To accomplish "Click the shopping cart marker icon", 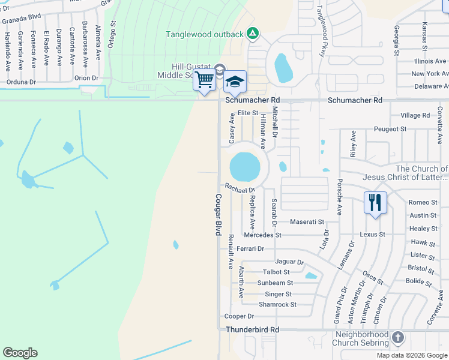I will pos(205,80).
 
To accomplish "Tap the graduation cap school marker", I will pos(235,82).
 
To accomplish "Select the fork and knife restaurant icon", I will pos(375,202).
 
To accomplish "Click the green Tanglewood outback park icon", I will pos(253,34).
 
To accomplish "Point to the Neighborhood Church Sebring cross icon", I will pos(397,337).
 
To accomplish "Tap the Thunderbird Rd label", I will pos(252,330).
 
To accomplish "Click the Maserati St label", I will pos(307,222).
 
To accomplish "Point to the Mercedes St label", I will pos(262,235).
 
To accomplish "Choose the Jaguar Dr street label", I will pos(289,262).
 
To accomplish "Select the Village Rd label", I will pos(415,115).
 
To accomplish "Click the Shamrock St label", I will pos(277,305).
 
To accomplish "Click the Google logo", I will pos(20,353).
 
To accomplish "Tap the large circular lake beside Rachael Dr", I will pos(245,166).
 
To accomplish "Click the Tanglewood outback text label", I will pos(205,34).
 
